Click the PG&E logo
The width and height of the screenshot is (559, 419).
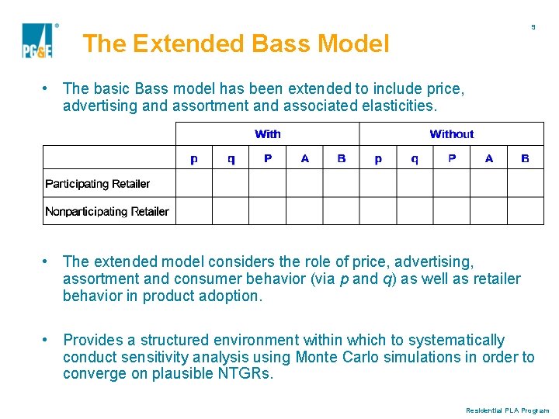36,41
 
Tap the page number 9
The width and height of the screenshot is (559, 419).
533,27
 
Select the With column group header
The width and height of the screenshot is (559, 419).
268,134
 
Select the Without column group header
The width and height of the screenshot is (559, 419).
451,134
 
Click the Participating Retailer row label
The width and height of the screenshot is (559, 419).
97,184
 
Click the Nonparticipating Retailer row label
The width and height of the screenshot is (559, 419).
106,211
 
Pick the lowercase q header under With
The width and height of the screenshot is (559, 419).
231,158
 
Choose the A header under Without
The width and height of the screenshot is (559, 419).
488,158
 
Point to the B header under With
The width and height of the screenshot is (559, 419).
342,158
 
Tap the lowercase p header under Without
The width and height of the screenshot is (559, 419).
378,158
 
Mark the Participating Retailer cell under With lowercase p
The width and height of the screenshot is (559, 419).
194,184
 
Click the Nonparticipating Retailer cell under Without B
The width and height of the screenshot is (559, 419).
525,211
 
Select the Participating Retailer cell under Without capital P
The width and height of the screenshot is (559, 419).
452,184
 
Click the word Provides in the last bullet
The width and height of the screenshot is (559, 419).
92,340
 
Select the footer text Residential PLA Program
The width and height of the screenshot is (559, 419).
507,410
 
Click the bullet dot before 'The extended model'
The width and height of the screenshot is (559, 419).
47,261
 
